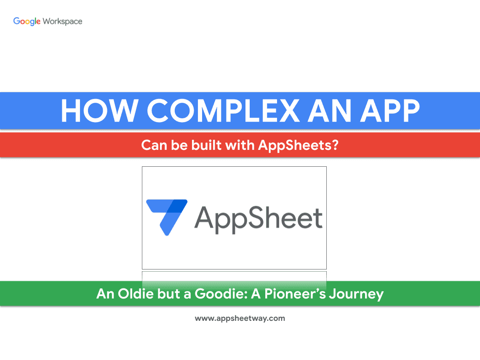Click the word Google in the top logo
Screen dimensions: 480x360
(x=27, y=21)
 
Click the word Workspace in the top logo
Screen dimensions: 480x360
(x=62, y=21)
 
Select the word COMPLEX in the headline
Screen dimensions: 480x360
(x=224, y=110)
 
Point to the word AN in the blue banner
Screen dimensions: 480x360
(x=329, y=110)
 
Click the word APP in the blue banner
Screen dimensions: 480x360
(x=390, y=110)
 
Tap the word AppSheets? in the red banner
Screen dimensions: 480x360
(x=298, y=145)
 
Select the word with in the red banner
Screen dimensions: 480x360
(x=240, y=145)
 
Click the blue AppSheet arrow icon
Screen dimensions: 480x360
(x=167, y=217)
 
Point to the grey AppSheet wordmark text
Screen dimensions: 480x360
(x=259, y=219)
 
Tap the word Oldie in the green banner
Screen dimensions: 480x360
(x=136, y=293)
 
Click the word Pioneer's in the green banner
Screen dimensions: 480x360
(x=295, y=293)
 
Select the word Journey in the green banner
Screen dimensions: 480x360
(x=356, y=294)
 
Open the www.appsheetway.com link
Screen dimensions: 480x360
(x=240, y=318)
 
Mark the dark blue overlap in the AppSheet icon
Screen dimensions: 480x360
(x=177, y=206)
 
